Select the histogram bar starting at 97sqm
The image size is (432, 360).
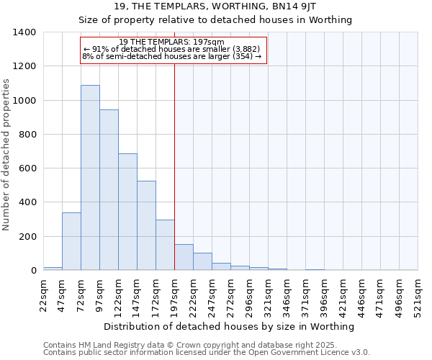click(109, 190)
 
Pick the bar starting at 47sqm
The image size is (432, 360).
click(71, 241)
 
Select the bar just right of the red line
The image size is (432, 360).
click(184, 258)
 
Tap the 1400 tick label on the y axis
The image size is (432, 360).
click(24, 32)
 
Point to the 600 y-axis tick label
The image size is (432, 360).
click(27, 168)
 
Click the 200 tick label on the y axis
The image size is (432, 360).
click(27, 237)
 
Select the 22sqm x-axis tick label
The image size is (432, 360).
click(44, 295)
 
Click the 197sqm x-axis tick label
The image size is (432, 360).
click(175, 295)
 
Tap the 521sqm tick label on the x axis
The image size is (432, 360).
click(418, 295)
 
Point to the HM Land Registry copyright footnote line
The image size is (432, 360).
click(206, 345)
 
